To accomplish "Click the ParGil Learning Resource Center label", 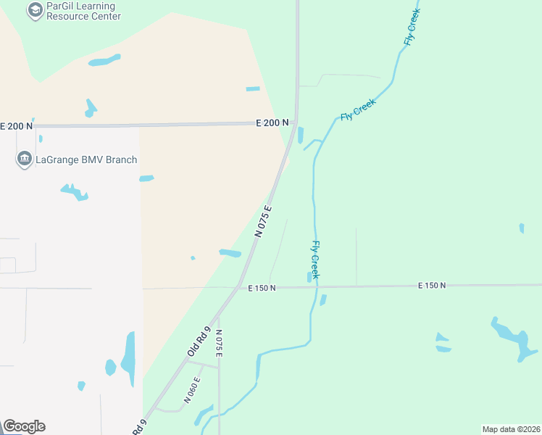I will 83,11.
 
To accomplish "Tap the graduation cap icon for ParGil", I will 34,9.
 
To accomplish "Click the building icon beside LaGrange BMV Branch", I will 24,159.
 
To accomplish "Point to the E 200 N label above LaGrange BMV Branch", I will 16,126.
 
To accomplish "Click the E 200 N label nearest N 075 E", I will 272,123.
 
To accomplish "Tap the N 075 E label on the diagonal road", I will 263,222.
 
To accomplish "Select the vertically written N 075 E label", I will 218,343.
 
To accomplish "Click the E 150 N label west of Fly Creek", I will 262,289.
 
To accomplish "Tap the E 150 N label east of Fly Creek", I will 432,286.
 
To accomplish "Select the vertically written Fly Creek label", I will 315,260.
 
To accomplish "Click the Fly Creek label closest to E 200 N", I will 358,110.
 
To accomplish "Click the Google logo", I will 24,426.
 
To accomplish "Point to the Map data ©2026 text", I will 512,429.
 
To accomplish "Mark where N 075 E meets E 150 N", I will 239,287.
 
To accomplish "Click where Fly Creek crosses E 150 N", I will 316,286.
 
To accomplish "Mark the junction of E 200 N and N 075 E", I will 293,124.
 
